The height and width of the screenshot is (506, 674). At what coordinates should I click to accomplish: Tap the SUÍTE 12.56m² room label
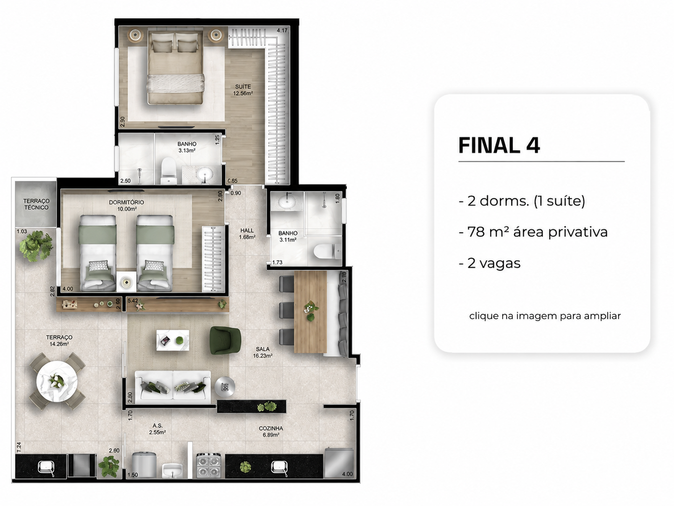point(243,90)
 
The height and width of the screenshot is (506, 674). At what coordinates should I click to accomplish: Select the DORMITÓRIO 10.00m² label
point(127,205)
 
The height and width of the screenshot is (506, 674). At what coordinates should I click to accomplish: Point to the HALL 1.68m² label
point(247,233)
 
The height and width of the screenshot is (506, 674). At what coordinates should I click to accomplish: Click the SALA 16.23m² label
point(263,352)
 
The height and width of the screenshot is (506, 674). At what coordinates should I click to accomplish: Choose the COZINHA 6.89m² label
point(271,431)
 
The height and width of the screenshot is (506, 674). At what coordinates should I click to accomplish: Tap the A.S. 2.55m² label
point(157,429)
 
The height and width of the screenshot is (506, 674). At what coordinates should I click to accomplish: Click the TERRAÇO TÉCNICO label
point(36,204)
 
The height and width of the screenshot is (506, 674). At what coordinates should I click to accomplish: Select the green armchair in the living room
point(225,340)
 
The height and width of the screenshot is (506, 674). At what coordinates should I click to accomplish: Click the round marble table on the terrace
point(57,381)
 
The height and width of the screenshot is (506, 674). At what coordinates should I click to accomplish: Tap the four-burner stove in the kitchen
point(209,465)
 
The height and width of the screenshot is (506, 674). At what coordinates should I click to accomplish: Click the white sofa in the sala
point(173,387)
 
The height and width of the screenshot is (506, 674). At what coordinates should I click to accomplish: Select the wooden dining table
point(310,312)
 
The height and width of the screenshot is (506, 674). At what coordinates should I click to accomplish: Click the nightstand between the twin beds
point(126,281)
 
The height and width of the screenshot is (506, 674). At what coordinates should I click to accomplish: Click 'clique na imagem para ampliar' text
point(545,316)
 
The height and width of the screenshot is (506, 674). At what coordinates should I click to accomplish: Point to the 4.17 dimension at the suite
point(282,30)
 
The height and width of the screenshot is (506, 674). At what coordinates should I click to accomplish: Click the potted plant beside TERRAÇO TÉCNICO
point(36,246)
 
